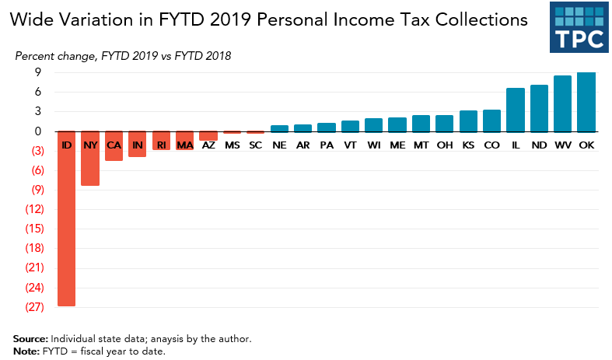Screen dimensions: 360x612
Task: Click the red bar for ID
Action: click(x=67, y=225)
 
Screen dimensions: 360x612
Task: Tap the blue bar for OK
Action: click(x=587, y=102)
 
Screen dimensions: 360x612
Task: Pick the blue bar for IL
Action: click(x=516, y=110)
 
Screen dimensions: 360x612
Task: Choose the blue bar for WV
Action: click(x=563, y=103)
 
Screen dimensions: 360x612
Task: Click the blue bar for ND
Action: click(x=539, y=108)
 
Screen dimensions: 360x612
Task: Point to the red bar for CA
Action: click(x=114, y=152)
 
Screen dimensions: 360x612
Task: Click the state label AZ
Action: click(x=208, y=145)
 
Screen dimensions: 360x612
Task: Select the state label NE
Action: click(x=279, y=145)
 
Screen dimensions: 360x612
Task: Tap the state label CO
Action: click(x=491, y=145)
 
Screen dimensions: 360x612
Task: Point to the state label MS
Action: click(x=232, y=145)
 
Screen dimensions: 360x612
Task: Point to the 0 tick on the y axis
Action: click(x=37, y=131)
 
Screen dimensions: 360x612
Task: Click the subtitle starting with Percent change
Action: click(x=122, y=56)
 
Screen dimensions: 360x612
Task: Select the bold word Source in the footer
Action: click(x=30, y=339)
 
